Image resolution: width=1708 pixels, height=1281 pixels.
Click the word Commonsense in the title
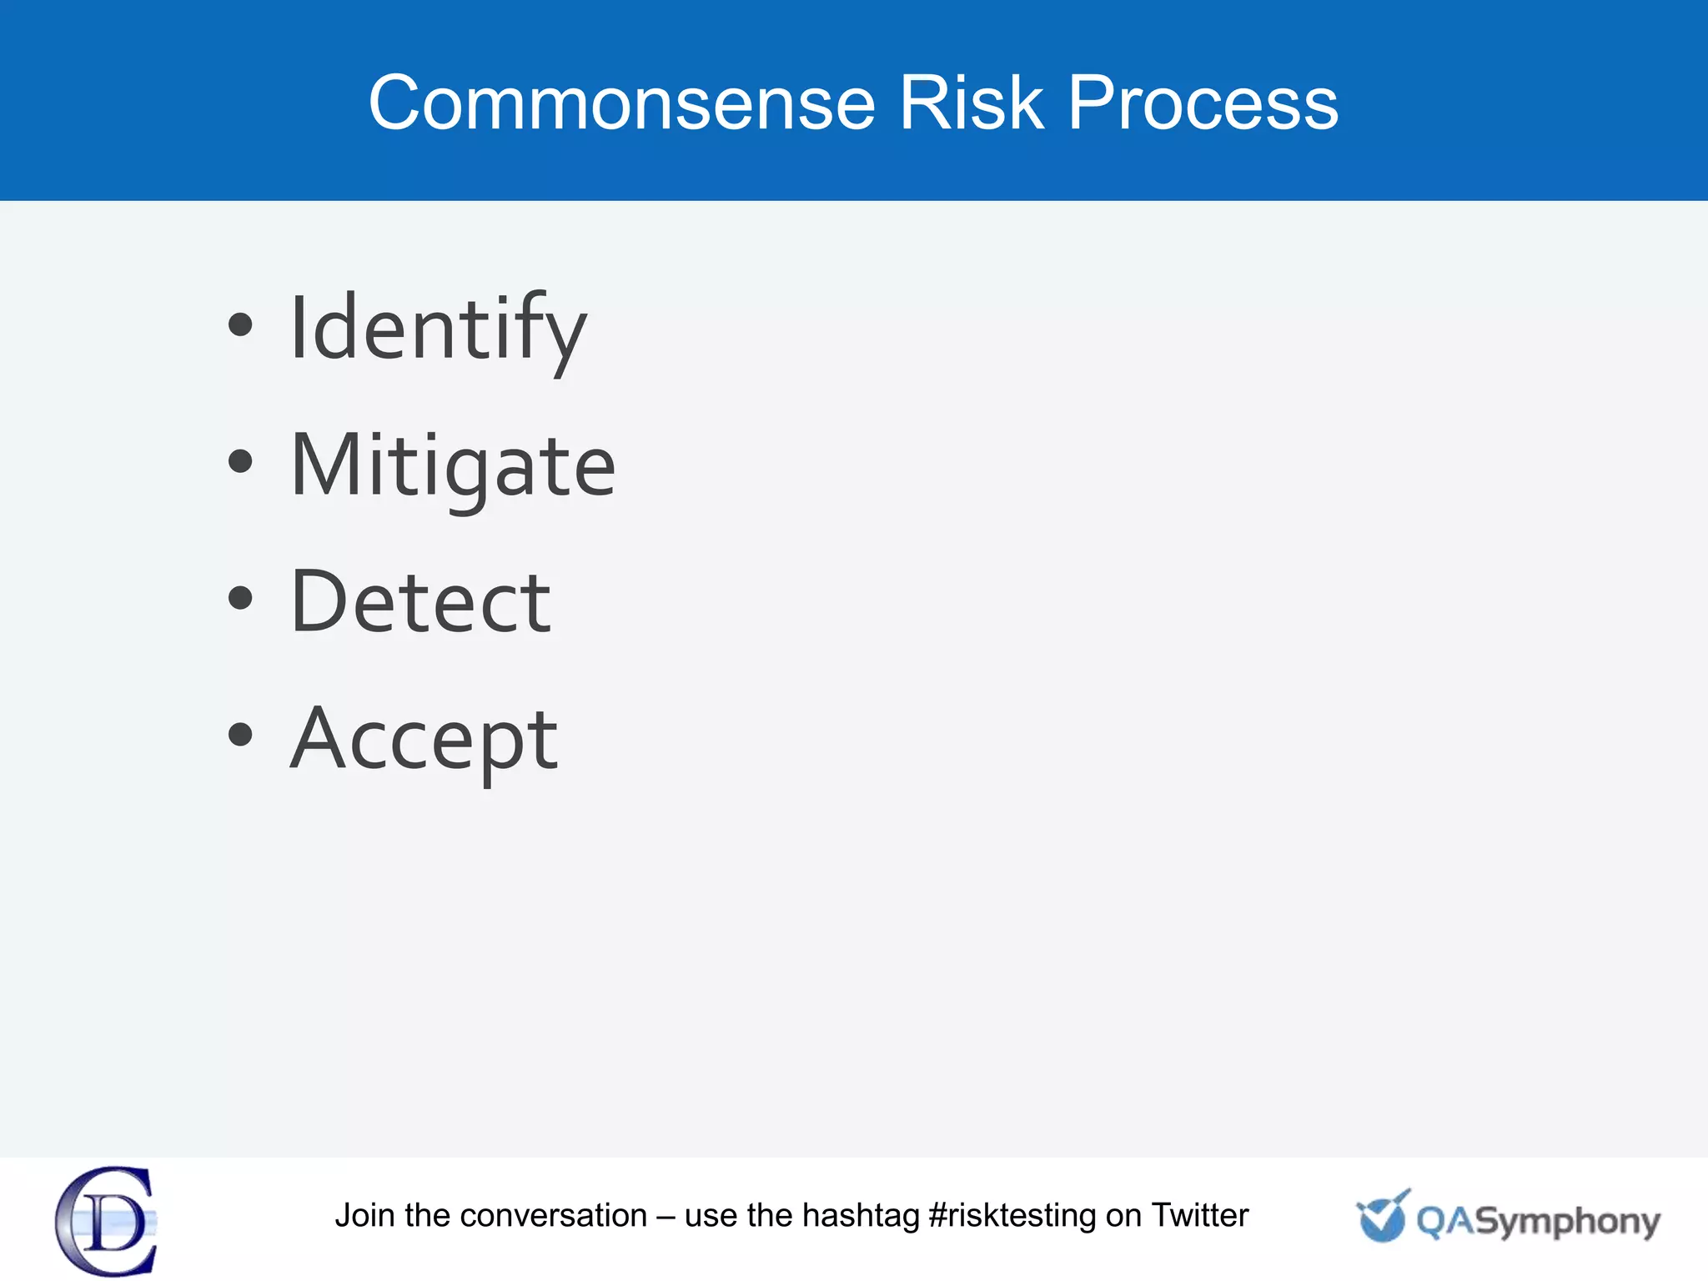621,103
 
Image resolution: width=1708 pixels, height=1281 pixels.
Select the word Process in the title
1203,103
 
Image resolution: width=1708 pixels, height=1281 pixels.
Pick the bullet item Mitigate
453,465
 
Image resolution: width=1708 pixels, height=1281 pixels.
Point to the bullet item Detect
420,601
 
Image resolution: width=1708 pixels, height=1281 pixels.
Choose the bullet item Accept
424,738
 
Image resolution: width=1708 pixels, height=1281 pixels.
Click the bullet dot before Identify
240,325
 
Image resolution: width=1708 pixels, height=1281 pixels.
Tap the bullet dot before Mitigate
240,461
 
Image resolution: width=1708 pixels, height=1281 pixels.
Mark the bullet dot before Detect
240,597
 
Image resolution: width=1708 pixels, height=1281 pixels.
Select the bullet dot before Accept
240,734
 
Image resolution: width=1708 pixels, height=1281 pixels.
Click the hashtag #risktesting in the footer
1012,1216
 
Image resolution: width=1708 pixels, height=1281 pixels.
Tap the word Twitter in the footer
1199,1215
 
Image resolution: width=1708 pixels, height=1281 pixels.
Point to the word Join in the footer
365,1215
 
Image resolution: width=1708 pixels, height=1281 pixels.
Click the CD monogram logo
107,1221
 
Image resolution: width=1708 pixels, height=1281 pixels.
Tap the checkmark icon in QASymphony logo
1382,1217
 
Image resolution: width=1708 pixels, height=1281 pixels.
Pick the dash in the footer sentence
666,1217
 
